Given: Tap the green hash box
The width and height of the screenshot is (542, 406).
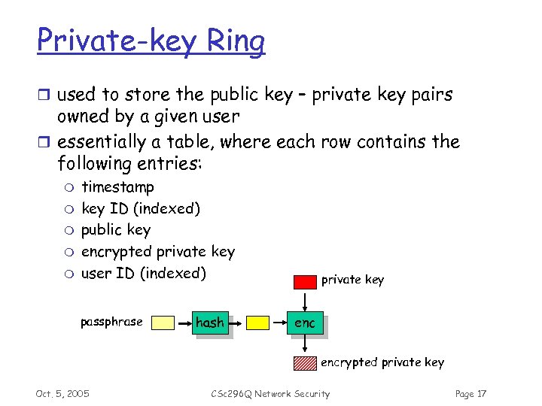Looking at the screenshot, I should [210, 323].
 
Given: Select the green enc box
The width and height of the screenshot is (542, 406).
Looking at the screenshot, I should [305, 323].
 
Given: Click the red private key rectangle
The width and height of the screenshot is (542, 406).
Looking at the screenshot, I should [305, 282].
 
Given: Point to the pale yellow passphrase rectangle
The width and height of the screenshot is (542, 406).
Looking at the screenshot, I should [163, 323].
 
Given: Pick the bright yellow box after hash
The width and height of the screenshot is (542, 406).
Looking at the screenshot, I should [258, 323].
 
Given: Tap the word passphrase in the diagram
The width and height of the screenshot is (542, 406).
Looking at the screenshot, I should [111, 322].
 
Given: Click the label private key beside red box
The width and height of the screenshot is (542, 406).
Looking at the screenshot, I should [352, 280].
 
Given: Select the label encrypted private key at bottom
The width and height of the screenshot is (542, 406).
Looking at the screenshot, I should [382, 362].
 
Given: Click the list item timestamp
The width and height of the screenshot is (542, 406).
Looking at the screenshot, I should [117, 187].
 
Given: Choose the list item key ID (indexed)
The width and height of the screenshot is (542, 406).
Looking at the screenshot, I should [141, 208].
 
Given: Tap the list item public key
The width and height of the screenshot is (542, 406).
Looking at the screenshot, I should [116, 230].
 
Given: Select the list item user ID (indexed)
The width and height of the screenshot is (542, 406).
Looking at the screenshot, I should [144, 273].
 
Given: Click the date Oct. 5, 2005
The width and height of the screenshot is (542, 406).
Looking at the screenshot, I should [62, 394].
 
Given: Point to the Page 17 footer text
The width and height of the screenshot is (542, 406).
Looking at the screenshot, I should [471, 394].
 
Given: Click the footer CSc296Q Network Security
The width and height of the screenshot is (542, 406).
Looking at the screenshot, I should [270, 394].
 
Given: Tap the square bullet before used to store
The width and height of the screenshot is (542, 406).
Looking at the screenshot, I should [44, 95].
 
